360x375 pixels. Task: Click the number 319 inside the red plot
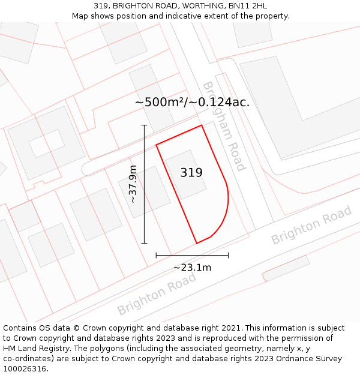(x=191, y=173)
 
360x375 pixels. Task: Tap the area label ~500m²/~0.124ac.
(x=192, y=102)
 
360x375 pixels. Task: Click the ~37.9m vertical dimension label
(x=133, y=184)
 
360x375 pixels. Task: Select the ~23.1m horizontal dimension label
(x=192, y=268)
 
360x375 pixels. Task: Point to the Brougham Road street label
(x=224, y=127)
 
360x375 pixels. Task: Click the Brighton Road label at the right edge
(x=311, y=226)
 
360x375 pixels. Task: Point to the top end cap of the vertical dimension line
(x=144, y=125)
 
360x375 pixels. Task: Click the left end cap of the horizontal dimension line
(x=156, y=255)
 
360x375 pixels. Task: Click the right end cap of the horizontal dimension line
(x=228, y=255)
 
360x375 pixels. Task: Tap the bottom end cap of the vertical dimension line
(x=144, y=243)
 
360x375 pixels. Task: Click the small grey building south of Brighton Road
(x=286, y=268)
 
